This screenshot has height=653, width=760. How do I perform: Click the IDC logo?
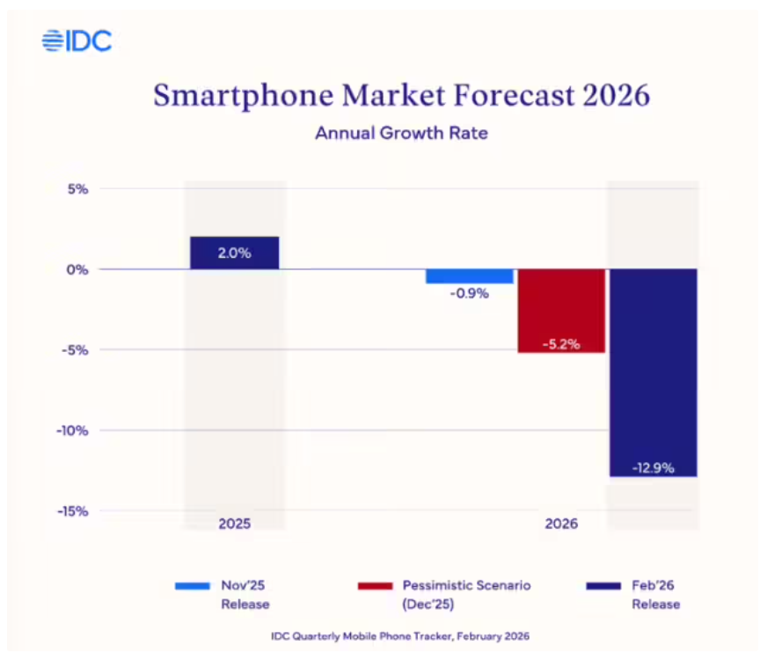pyautogui.click(x=77, y=40)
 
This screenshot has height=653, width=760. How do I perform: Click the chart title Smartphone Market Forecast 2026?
pyautogui.click(x=401, y=95)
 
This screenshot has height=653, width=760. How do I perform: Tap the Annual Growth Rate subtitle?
pyautogui.click(x=401, y=133)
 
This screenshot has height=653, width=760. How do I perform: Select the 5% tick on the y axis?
pyautogui.click(x=78, y=189)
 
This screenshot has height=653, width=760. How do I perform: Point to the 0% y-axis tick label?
pyautogui.click(x=77, y=269)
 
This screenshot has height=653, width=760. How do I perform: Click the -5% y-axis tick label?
pyautogui.click(x=75, y=350)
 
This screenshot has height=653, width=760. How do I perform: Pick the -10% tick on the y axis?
pyautogui.click(x=73, y=430)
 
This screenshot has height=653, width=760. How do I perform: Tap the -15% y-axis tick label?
pyautogui.click(x=73, y=511)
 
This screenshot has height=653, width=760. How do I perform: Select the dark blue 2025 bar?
pyautogui.click(x=235, y=253)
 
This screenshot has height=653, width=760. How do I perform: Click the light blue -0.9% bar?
pyautogui.click(x=469, y=276)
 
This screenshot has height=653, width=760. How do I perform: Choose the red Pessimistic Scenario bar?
pyautogui.click(x=561, y=311)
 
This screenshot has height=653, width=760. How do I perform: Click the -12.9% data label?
pyautogui.click(x=654, y=468)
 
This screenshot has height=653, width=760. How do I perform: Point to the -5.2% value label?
pyautogui.click(x=561, y=344)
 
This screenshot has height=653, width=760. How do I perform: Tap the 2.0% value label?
pyautogui.click(x=235, y=253)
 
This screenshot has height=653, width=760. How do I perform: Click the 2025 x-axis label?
pyautogui.click(x=235, y=524)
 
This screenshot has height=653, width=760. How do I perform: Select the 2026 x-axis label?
pyautogui.click(x=561, y=524)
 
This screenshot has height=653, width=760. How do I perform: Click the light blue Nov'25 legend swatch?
pyautogui.click(x=193, y=586)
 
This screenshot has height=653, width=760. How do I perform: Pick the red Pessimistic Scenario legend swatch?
pyautogui.click(x=375, y=586)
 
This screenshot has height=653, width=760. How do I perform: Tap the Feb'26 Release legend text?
pyautogui.click(x=656, y=595)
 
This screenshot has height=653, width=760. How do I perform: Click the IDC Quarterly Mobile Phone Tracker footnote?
pyautogui.click(x=400, y=636)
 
